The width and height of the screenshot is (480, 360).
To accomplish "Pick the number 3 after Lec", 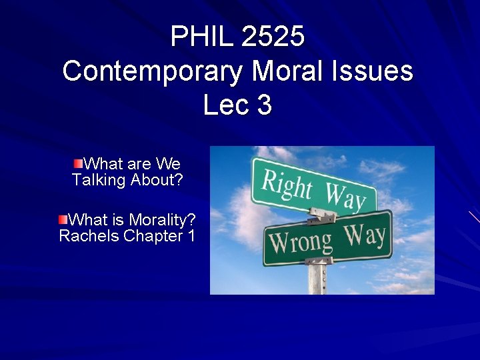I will (265, 105).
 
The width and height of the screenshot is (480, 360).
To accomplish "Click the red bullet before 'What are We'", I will (79, 163).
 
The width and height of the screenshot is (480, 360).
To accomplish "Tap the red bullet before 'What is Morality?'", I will (63, 219).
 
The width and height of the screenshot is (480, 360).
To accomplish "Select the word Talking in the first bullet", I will (99, 180).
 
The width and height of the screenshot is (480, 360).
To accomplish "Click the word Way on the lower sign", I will (365, 235).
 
